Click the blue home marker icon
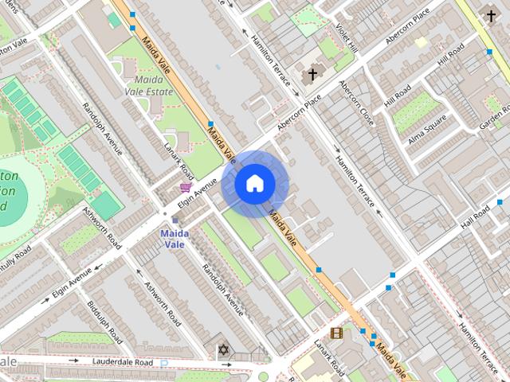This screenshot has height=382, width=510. pos(255,184)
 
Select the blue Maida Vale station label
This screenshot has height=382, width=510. pos(175,239)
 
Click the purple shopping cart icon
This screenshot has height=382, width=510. pos(186,188)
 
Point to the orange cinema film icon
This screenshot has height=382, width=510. pos(336,333)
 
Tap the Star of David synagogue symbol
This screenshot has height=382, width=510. pos(222,350)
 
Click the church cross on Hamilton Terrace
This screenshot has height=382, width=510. pos(312,75)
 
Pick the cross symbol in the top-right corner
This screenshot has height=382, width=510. pos(490,15)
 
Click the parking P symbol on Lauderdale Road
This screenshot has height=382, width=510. pos(164,364)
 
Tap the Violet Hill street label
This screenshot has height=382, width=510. pos(348,35)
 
